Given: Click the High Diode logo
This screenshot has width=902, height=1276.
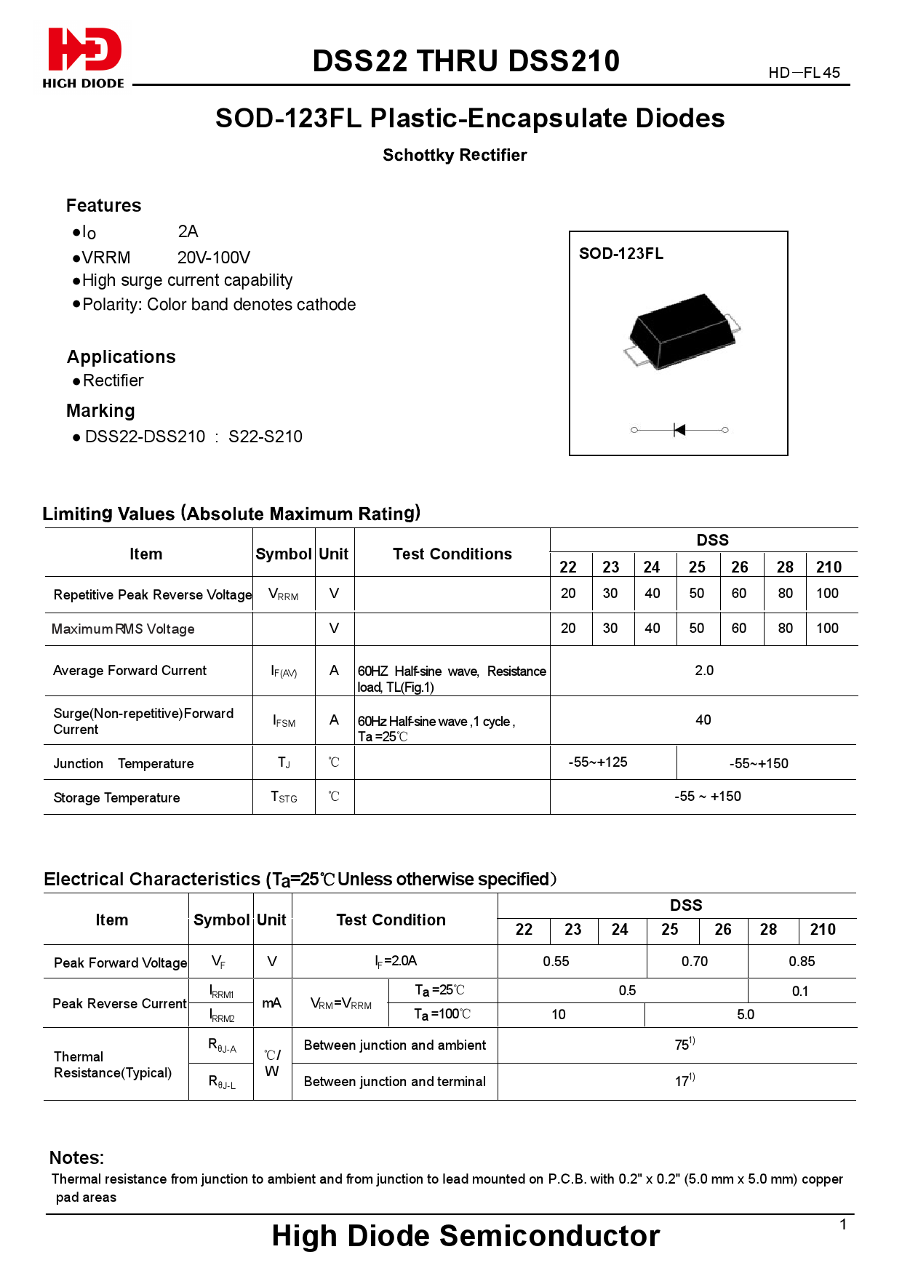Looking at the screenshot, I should [83, 57].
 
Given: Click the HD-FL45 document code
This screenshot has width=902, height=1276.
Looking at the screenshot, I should [804, 73].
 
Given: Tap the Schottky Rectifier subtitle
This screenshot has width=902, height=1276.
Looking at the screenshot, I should [455, 155].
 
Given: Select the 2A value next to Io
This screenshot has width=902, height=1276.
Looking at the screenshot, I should [188, 231].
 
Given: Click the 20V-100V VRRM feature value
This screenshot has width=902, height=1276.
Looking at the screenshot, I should [213, 258].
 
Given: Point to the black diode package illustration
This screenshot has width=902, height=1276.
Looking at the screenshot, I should [681, 330].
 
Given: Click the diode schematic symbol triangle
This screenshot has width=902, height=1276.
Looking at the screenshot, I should [679, 430].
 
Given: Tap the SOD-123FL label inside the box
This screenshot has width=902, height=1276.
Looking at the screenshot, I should [620, 254].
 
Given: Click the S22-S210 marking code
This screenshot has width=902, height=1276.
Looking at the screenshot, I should [265, 436].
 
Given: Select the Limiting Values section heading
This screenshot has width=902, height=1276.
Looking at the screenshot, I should [231, 514].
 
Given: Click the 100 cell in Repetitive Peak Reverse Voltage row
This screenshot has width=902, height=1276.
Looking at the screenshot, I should [827, 594].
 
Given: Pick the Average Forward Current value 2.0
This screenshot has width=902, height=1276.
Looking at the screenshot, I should [703, 670].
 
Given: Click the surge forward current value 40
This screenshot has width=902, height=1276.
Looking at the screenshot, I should [703, 720].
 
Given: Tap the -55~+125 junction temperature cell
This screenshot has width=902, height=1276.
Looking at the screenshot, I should [597, 762].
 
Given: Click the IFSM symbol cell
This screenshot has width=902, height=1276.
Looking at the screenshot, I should [284, 721].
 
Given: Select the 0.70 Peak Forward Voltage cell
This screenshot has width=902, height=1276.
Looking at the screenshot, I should [694, 962].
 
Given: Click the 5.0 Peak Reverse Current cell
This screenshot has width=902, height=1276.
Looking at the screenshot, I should [745, 1015].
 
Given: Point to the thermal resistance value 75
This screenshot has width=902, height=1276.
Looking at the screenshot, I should [683, 1045].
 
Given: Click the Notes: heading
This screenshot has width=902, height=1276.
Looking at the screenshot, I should [76, 1157].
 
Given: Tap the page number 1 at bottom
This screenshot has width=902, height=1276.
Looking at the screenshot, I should [842, 1224].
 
